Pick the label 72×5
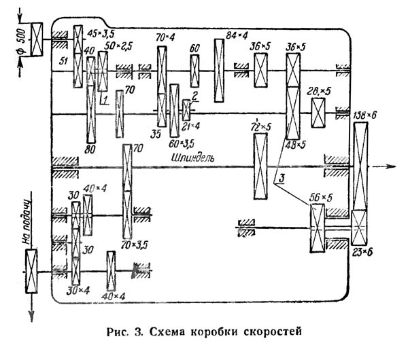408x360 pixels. [x=262, y=126]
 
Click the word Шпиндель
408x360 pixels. [x=194, y=158]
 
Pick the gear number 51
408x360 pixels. [x=65, y=60]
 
